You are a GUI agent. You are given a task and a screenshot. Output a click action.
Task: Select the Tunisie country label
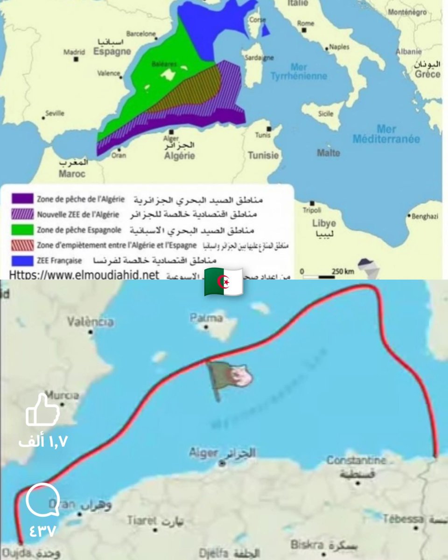(x=263, y=155)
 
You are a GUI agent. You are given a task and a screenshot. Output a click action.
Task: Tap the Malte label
(x=329, y=153)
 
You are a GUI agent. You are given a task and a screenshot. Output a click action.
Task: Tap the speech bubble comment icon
(x=42, y=500)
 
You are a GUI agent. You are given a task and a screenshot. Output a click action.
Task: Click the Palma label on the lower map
(x=206, y=318)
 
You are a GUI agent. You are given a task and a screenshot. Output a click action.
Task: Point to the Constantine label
(x=356, y=460)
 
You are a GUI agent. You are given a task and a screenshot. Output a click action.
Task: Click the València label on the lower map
(x=90, y=322)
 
